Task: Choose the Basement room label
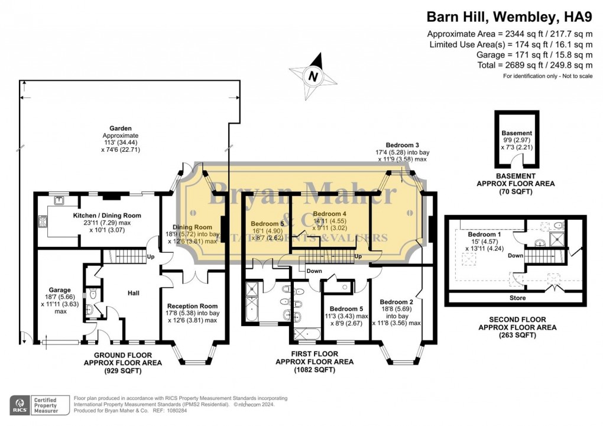pyautogui.click(x=516, y=133)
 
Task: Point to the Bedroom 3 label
pyautogui.click(x=403, y=145)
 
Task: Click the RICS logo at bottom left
pyautogui.click(x=21, y=405)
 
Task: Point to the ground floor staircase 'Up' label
pyautogui.click(x=151, y=257)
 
